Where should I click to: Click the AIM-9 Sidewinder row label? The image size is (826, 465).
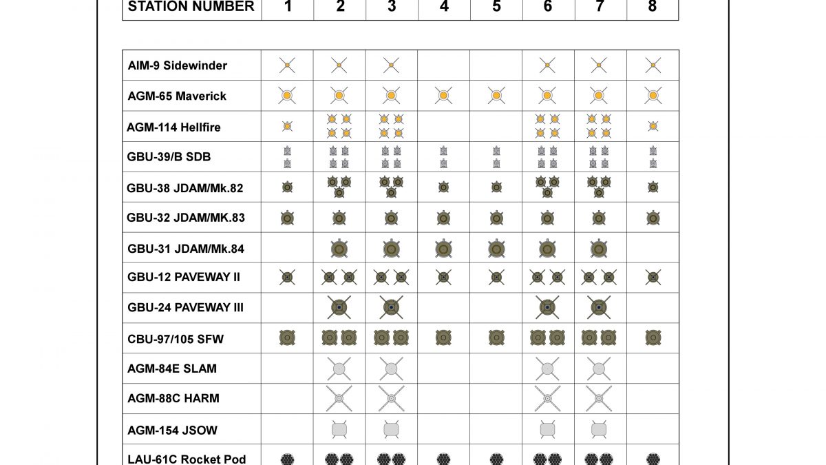tap(178, 65)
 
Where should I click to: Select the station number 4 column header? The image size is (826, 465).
tap(444, 7)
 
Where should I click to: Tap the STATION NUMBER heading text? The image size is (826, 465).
tap(191, 7)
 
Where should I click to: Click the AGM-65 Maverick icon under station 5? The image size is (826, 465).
tap(496, 95)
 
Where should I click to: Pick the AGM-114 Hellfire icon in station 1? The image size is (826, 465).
tap(287, 126)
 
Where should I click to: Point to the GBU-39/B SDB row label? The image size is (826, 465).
tap(169, 157)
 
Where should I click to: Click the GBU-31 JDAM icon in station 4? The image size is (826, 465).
tap(444, 248)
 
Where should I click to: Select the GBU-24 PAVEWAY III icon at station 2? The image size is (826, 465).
tap(339, 307)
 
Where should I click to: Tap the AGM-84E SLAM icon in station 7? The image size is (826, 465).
tap(599, 369)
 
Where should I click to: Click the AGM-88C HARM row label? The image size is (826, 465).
tap(173, 399)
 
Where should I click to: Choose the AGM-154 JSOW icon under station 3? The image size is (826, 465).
tap(392, 429)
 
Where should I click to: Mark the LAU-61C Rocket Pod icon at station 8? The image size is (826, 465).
tap(653, 459)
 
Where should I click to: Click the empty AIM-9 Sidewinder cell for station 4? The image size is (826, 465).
tap(444, 65)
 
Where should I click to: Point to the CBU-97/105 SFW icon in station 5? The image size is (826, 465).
tap(496, 338)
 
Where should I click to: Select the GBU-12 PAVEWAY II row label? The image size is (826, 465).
tap(184, 278)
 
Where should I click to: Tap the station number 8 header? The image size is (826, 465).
tap(653, 7)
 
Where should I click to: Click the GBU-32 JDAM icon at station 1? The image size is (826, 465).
tap(287, 218)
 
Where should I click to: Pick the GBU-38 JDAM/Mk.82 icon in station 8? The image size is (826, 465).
tap(653, 187)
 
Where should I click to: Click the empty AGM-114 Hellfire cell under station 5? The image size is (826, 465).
tap(496, 126)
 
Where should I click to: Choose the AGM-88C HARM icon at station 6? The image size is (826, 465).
tap(547, 398)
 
